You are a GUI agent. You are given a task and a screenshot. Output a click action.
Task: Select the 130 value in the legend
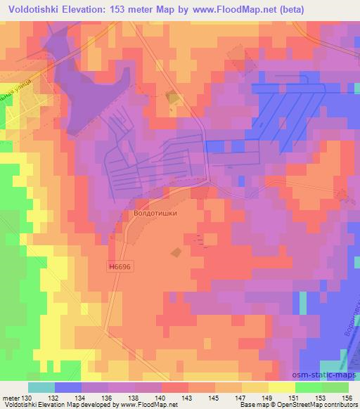coord(26,397)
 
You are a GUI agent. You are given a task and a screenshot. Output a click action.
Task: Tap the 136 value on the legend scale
coord(108,397)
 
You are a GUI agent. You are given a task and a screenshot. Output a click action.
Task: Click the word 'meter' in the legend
coord(11,397)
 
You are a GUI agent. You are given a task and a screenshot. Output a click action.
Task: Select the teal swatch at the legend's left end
coord(41,387)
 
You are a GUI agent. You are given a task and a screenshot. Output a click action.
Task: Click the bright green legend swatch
coord(309,387)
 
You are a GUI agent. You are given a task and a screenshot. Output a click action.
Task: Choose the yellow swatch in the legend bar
coord(282,387)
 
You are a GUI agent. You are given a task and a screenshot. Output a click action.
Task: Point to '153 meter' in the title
coord(134,9)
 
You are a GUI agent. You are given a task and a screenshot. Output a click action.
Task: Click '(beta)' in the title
coord(290,9)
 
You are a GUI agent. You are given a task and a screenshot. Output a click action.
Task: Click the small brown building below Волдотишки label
coord(176,251)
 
